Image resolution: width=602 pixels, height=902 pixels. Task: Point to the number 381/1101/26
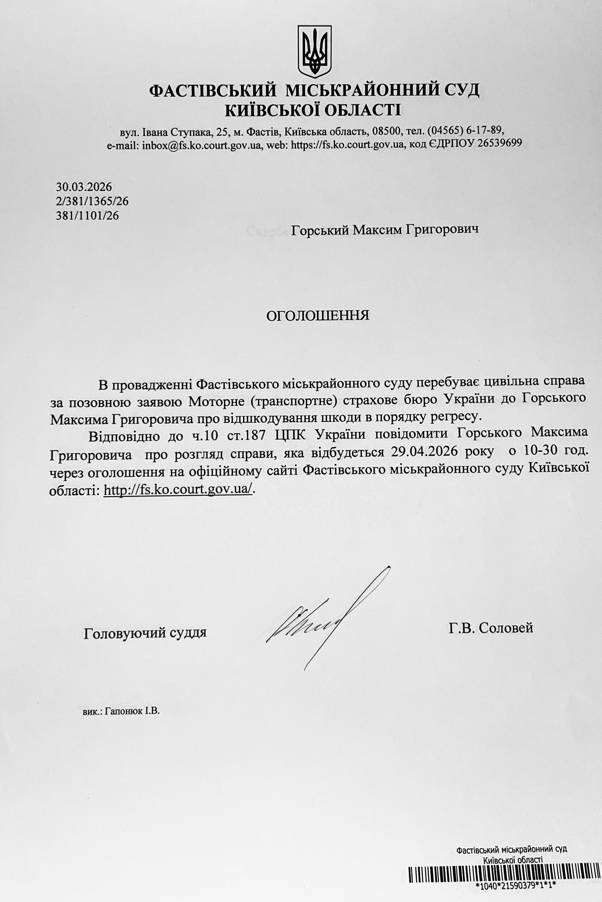coord(87,216)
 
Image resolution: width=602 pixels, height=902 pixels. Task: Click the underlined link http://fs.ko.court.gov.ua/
coord(178,490)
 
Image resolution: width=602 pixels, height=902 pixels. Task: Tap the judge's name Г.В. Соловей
coord(491,628)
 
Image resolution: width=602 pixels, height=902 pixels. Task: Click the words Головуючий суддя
coord(145,632)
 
